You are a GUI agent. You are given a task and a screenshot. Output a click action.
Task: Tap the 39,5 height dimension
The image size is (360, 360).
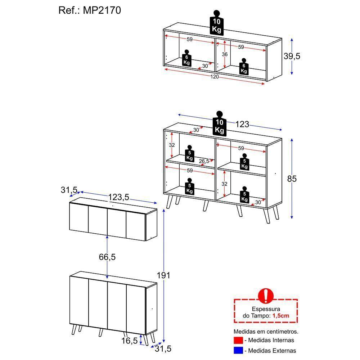pos(292,56)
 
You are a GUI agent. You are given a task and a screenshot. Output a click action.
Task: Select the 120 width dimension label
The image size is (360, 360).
pos(215,77)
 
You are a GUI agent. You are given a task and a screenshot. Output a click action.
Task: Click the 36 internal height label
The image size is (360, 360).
pos(225,54)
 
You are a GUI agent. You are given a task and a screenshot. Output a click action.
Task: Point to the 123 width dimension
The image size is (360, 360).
pos(242,124)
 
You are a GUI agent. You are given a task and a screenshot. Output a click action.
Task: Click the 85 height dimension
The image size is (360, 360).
pos(292,179)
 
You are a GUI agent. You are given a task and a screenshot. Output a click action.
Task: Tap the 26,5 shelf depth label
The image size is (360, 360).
pos(204,161)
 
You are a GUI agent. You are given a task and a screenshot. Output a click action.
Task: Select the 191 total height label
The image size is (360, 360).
pos(163,275)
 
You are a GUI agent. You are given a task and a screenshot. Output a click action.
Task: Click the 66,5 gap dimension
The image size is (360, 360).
pos(107,257)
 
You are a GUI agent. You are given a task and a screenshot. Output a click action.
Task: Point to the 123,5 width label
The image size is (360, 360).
pos(118,197)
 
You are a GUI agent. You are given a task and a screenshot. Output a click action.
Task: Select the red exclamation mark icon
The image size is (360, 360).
pos(266,296)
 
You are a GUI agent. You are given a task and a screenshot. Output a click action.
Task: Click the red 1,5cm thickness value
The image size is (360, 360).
pos(280,316)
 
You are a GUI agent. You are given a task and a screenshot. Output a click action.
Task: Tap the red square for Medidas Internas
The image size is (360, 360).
pos(238,340)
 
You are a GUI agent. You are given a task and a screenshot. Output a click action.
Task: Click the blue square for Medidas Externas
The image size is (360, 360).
pos(238,350)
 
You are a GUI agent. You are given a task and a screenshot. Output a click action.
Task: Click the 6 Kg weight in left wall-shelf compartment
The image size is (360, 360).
pos(186,59)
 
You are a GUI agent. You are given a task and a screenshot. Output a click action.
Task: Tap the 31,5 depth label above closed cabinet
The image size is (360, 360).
pos(69,190)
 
